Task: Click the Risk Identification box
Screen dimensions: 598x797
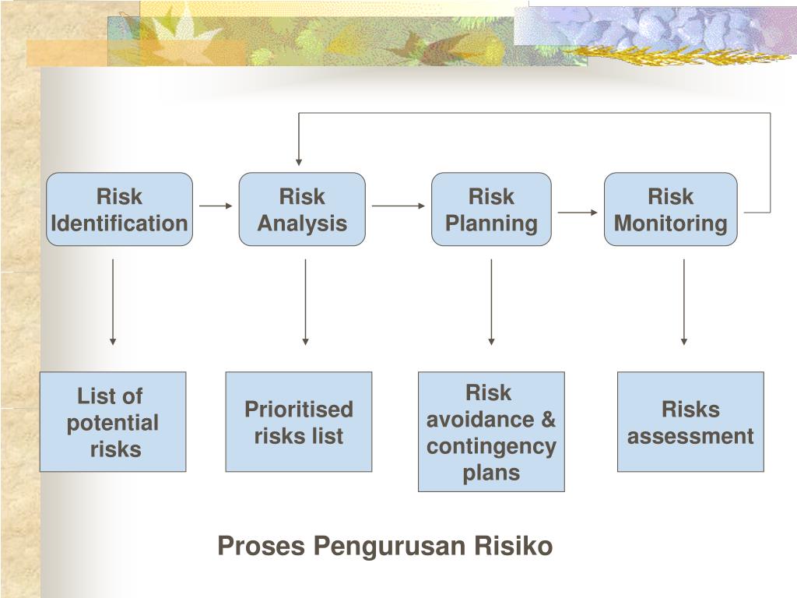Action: click(119, 209)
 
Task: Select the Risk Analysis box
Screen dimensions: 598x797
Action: click(302, 209)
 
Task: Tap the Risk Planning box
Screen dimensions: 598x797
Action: click(491, 209)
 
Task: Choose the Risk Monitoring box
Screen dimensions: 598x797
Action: click(670, 209)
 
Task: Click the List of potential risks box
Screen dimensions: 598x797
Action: click(113, 421)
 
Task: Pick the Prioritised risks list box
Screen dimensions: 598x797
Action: click(299, 421)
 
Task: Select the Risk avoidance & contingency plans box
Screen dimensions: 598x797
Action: click(491, 431)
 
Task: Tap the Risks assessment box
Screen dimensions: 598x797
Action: click(690, 421)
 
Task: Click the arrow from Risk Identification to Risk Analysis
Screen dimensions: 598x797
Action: click(216, 206)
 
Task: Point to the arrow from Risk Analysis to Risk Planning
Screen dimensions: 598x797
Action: click(398, 206)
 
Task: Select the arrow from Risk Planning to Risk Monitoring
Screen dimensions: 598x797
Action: click(578, 212)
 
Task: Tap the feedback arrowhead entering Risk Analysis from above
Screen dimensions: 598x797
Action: click(299, 160)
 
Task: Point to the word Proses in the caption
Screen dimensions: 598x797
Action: click(262, 547)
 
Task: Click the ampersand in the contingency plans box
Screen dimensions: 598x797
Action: click(548, 420)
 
